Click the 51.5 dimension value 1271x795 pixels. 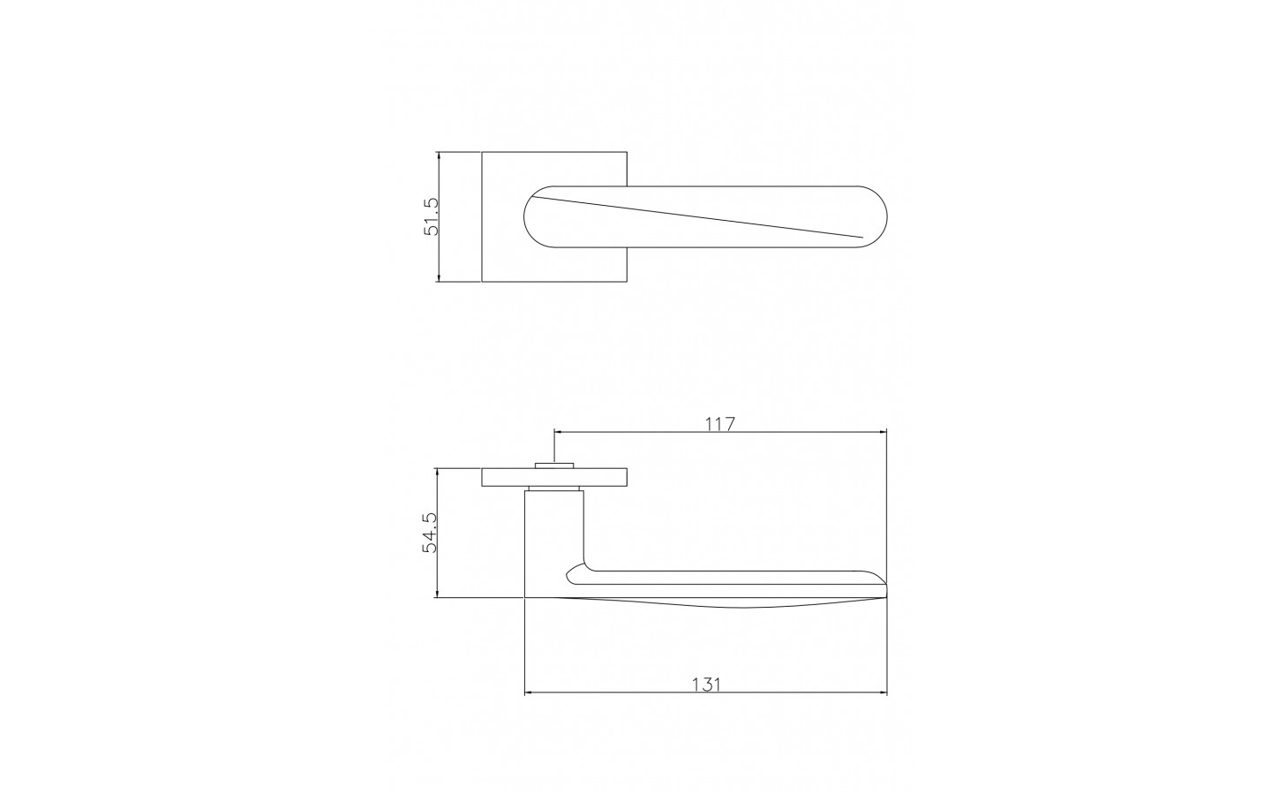[x=432, y=216]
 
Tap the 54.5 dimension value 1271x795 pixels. [x=430, y=532]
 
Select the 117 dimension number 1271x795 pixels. [x=719, y=424]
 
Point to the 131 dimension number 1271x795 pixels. [x=706, y=685]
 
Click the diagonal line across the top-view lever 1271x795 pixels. [x=698, y=217]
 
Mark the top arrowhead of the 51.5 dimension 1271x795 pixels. [x=439, y=156]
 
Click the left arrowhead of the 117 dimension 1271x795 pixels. [x=560, y=432]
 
